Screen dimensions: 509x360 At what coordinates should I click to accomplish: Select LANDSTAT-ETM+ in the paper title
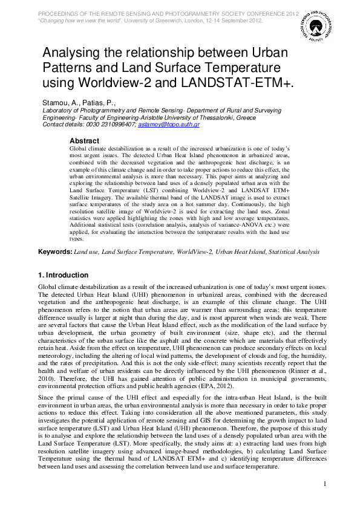229,82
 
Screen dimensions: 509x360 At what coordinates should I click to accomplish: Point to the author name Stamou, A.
61,103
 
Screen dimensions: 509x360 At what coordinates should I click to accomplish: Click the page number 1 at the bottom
325,484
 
